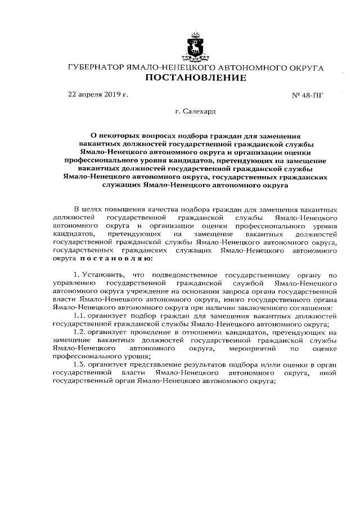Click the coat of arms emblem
[x=195, y=46]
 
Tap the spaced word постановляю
[x=115, y=258]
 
